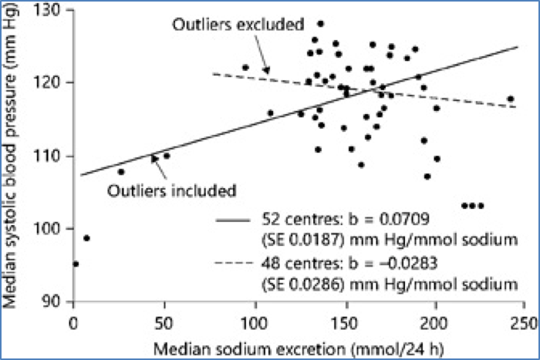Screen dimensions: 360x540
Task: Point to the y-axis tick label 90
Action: (x=55, y=301)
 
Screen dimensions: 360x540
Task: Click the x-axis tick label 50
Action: (x=164, y=318)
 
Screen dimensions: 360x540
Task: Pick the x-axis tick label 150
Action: (x=345, y=318)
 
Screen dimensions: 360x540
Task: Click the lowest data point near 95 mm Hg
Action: (x=76, y=264)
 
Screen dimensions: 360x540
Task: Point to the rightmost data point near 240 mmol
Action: (x=511, y=99)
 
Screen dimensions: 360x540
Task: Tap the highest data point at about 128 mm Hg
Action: (x=321, y=24)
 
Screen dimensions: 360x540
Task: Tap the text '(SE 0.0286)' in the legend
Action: (x=302, y=284)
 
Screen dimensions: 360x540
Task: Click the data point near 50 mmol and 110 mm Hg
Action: (x=167, y=156)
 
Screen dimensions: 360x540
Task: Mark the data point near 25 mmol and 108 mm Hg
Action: (x=121, y=171)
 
